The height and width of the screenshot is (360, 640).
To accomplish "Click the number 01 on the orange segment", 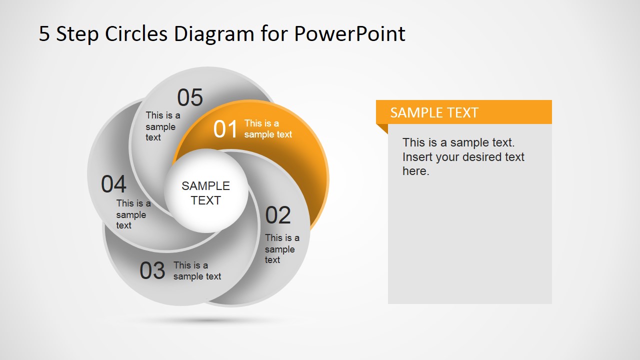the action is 225,129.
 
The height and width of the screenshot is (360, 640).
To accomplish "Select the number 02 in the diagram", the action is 277,215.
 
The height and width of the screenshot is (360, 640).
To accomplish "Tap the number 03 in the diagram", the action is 152,270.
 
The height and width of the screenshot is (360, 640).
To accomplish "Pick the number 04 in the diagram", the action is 113,184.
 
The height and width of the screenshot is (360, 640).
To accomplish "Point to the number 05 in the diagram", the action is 190,97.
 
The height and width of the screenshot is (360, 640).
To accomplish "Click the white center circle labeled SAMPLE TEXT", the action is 206,191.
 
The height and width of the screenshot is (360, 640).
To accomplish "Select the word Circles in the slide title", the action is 136,33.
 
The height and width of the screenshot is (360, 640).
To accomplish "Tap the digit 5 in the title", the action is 44,33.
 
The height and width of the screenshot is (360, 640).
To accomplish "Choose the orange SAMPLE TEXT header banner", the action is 463,112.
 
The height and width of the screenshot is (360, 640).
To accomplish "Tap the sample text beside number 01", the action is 268,129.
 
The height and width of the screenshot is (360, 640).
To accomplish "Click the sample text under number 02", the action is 282,249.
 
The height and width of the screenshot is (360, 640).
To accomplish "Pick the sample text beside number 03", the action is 197,271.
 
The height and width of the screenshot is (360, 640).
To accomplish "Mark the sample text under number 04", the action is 133,214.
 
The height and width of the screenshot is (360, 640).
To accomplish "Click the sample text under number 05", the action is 163,126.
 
